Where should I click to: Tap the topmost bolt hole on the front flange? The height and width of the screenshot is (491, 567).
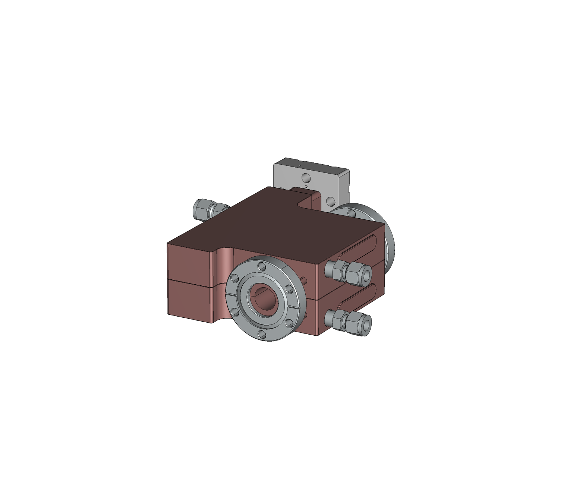coord(262,266)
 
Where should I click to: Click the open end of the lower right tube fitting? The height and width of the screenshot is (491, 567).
coord(366,323)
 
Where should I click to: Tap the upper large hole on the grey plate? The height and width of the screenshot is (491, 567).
coord(306,176)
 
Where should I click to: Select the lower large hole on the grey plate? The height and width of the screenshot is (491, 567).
coord(330,202)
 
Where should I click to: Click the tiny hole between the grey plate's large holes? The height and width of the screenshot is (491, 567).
coord(306,186)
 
